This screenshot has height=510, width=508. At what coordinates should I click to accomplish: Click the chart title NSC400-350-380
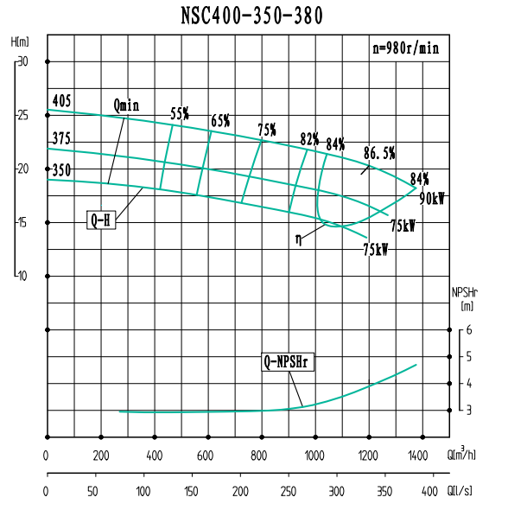coord(254,15)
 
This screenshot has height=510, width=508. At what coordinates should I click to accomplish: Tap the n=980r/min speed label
coord(405,49)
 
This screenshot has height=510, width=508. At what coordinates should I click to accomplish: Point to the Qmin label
coord(126,105)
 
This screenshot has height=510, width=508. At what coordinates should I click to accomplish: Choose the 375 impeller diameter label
coord(60,138)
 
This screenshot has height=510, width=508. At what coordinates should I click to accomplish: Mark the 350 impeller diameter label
coord(60,170)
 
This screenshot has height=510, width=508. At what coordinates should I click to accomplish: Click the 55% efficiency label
coord(179,113)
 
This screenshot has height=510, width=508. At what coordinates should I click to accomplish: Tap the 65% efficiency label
coord(219,121)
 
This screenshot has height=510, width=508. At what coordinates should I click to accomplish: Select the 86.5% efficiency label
coord(378,153)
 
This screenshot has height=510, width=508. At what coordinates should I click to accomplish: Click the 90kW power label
coord(432,198)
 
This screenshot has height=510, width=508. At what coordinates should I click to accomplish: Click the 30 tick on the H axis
coord(23,61)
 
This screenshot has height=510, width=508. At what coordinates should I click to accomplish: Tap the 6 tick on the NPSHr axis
coord(468,329)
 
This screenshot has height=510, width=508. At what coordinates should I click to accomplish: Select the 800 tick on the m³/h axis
coord(260,456)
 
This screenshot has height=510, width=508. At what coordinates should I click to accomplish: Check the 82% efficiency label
coord(309,139)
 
